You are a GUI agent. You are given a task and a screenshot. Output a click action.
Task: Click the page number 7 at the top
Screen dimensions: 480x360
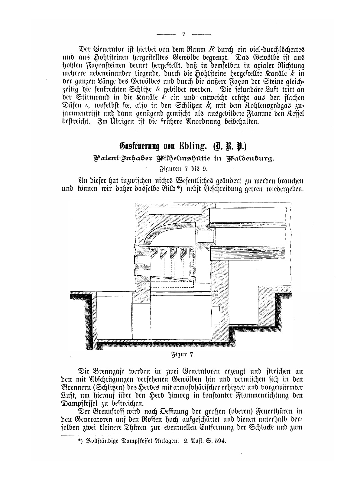184,34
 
